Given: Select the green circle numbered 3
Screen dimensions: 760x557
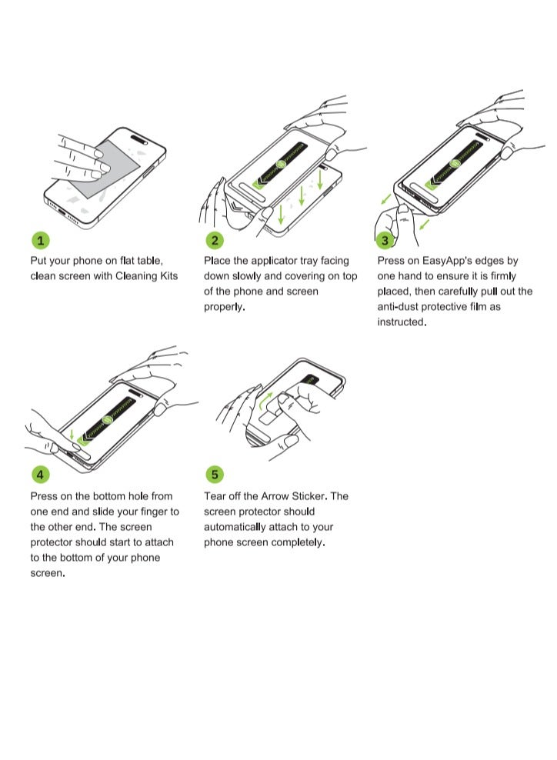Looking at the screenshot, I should coord(386,240).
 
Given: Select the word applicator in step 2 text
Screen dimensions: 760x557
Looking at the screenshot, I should coord(275,261).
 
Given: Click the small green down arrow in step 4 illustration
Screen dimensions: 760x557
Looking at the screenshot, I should coord(72,436).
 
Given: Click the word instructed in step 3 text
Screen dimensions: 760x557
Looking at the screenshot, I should coord(400,322).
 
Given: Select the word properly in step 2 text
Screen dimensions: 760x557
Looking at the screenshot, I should coord(223,307).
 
